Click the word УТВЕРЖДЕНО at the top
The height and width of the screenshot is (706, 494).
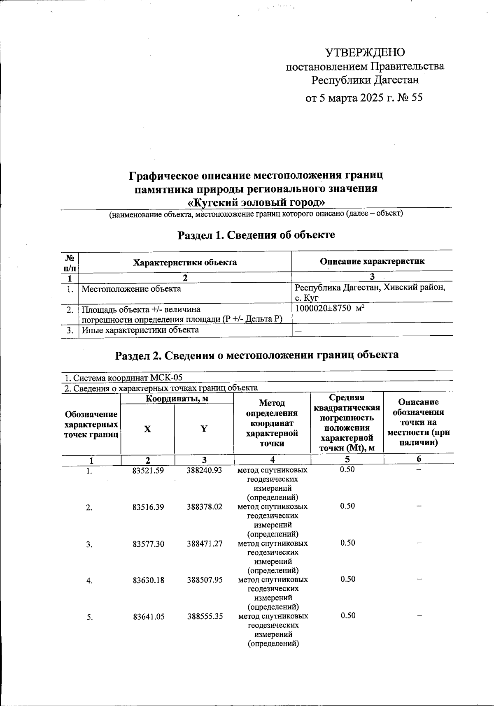(365, 52)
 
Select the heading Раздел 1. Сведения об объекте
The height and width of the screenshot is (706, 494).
(256, 235)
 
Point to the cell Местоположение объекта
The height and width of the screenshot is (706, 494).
(131, 289)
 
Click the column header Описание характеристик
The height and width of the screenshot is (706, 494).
(372, 261)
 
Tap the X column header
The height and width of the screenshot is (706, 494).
(147, 429)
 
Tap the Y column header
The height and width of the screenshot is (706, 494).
(204, 429)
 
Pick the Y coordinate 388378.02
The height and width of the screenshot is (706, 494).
(205, 507)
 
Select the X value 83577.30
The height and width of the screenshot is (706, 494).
(148, 544)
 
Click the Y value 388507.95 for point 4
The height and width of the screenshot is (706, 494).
(205, 580)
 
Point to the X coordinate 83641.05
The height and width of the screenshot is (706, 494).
(148, 616)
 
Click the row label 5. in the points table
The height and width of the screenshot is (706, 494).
(89, 617)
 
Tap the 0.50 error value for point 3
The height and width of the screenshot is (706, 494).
(347, 543)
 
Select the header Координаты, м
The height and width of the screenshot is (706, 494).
(177, 398)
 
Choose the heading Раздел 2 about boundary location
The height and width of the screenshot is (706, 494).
(256, 355)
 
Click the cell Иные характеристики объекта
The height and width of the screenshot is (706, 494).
(140, 330)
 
